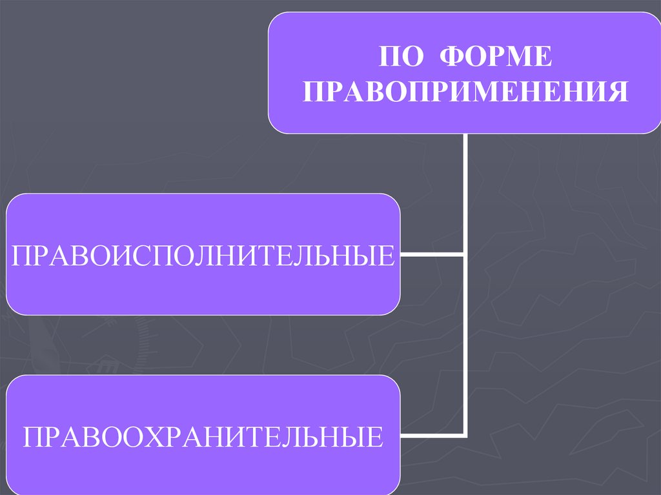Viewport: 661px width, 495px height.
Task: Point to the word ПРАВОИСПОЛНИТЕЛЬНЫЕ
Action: click(203, 255)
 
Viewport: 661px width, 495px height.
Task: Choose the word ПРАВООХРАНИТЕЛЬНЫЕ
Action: click(203, 436)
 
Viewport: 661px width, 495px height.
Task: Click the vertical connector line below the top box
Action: click(465, 194)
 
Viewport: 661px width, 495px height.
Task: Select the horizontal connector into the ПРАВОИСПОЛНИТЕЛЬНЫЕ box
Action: click(432, 255)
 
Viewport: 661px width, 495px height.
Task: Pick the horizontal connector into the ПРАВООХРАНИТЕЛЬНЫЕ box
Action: click(432, 433)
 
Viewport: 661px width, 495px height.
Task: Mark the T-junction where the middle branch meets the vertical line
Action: click(465, 255)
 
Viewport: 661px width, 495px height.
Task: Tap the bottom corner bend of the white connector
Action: click(465, 433)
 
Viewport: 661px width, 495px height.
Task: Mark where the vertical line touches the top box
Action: click(465, 134)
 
